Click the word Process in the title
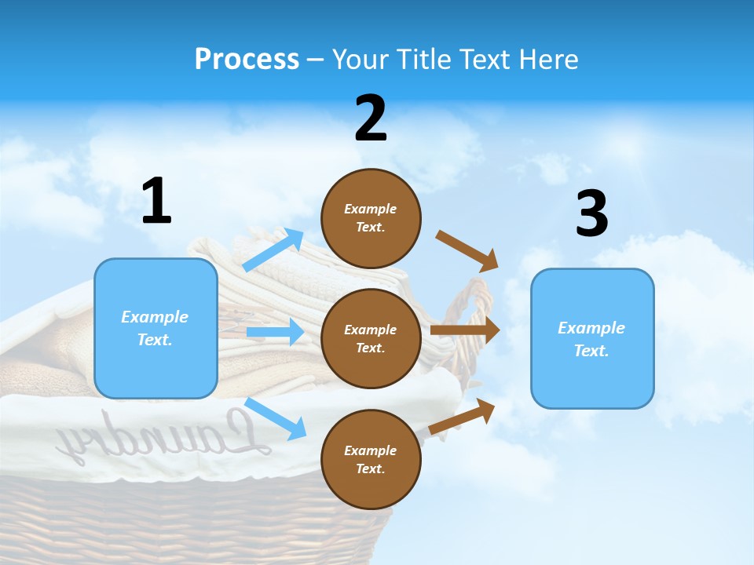tap(247, 60)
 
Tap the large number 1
tap(156, 202)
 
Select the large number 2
tap(371, 118)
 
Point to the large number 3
tap(591, 214)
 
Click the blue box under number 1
tap(156, 328)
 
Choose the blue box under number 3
tap(592, 338)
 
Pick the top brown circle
tap(371, 218)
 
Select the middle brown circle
tap(371, 338)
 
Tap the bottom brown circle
tap(371, 459)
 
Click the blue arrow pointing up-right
tap(273, 250)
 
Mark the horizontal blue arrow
tap(275, 332)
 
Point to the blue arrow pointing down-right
tap(275, 418)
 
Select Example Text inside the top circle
tap(371, 218)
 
